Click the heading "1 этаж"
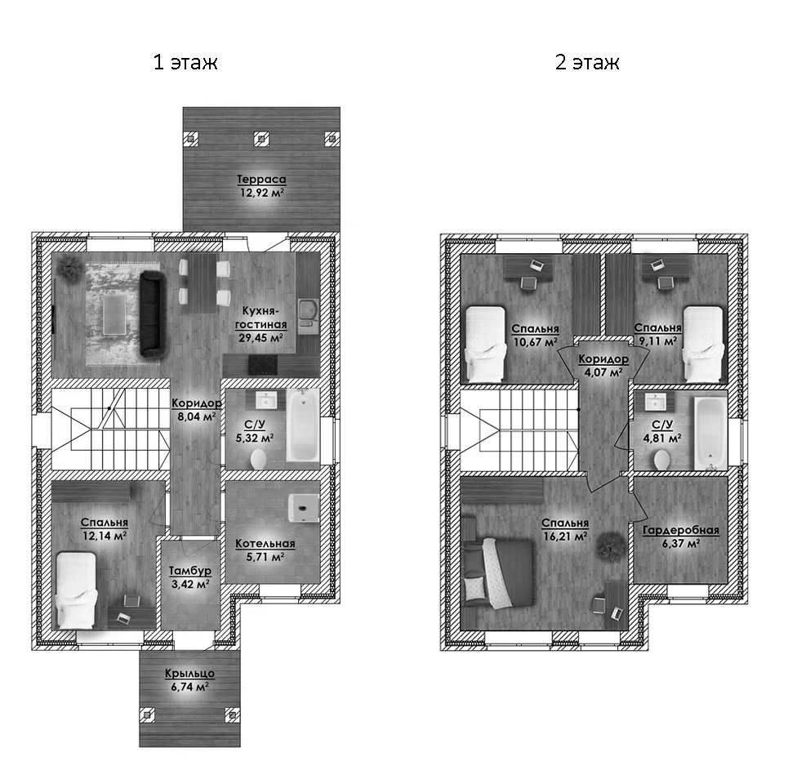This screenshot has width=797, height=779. pos(185,63)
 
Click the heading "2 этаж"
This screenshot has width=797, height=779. pos(587,63)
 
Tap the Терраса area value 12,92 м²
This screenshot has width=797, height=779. pos(261,194)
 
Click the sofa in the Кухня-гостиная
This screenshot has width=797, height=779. pos(152,314)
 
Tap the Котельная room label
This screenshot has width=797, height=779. pos(265,544)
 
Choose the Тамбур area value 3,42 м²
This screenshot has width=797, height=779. pos(190,584)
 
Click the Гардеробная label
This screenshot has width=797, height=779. pos(680,531)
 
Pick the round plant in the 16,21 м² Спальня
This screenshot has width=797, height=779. pos(608,542)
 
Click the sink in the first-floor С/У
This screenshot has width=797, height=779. pos(267,401)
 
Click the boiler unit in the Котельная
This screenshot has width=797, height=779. pos(303,507)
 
